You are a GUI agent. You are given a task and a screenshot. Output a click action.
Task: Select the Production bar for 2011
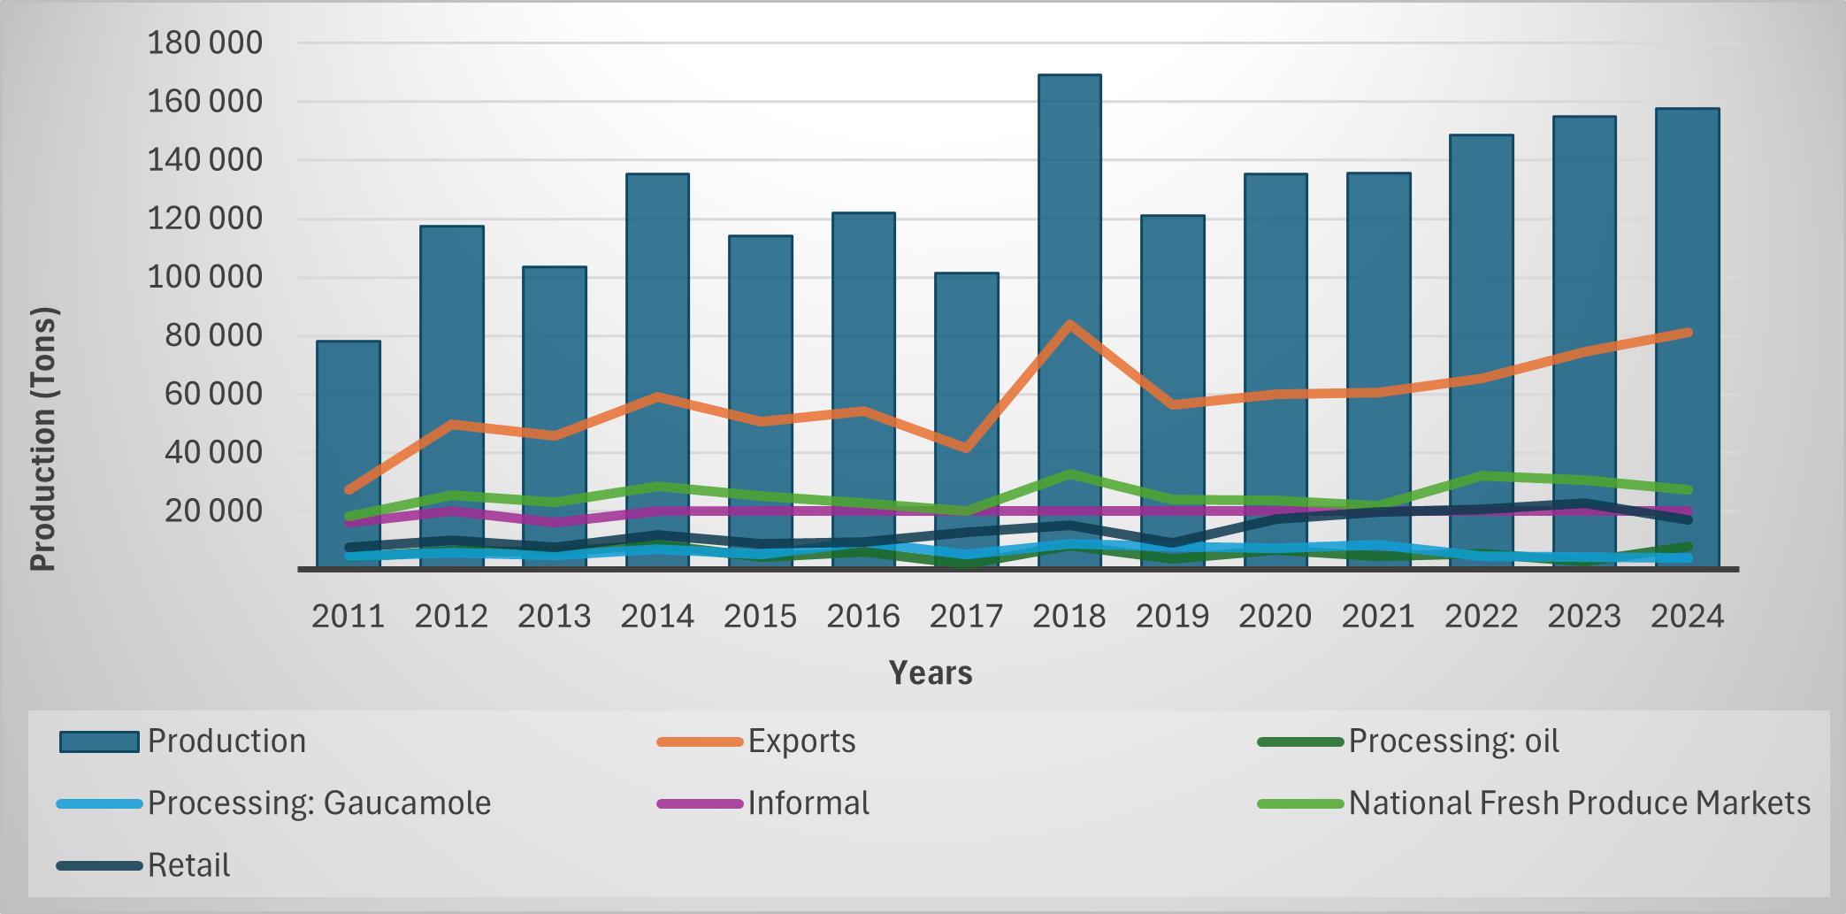click(349, 416)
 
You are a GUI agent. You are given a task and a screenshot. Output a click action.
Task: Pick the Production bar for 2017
click(967, 372)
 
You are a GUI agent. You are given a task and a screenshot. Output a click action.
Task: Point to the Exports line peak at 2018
click(1069, 324)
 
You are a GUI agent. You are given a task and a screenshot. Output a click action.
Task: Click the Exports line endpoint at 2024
click(1688, 333)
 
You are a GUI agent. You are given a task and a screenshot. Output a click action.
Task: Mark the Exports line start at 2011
click(349, 489)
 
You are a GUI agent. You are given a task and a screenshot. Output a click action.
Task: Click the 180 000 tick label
click(204, 42)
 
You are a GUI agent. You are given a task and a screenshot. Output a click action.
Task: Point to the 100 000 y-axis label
click(204, 277)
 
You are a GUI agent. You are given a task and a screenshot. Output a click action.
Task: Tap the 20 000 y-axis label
click(213, 511)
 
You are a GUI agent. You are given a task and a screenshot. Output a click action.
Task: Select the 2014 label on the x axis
click(657, 616)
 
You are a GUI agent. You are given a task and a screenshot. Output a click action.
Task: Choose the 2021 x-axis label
click(1378, 616)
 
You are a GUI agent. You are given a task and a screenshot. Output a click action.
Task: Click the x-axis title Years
click(931, 673)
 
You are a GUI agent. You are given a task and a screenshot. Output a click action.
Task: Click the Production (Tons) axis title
click(43, 438)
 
